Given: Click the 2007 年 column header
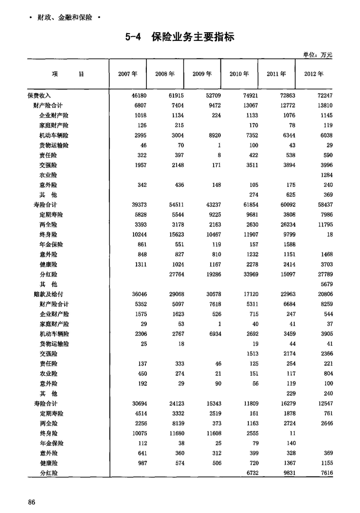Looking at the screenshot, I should pos(128,74).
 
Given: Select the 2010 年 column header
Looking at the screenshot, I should pos(239,74).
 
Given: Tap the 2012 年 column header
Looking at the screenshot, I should pos(313,74).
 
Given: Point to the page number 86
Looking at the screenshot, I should pos(32,502).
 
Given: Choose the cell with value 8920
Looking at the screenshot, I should pos(213,135).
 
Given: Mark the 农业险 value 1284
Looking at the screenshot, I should pos(324,175).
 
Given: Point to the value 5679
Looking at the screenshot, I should pos(324,284).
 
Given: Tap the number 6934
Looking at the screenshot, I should pos(213,334).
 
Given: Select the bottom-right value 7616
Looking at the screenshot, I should pos(324,473).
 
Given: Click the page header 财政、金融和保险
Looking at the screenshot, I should pos(64,18).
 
